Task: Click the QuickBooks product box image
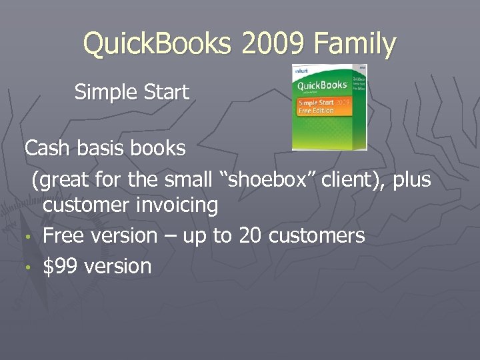point(329,107)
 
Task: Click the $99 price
point(57,266)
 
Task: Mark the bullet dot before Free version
point(30,237)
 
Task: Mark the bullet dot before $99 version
point(30,268)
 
